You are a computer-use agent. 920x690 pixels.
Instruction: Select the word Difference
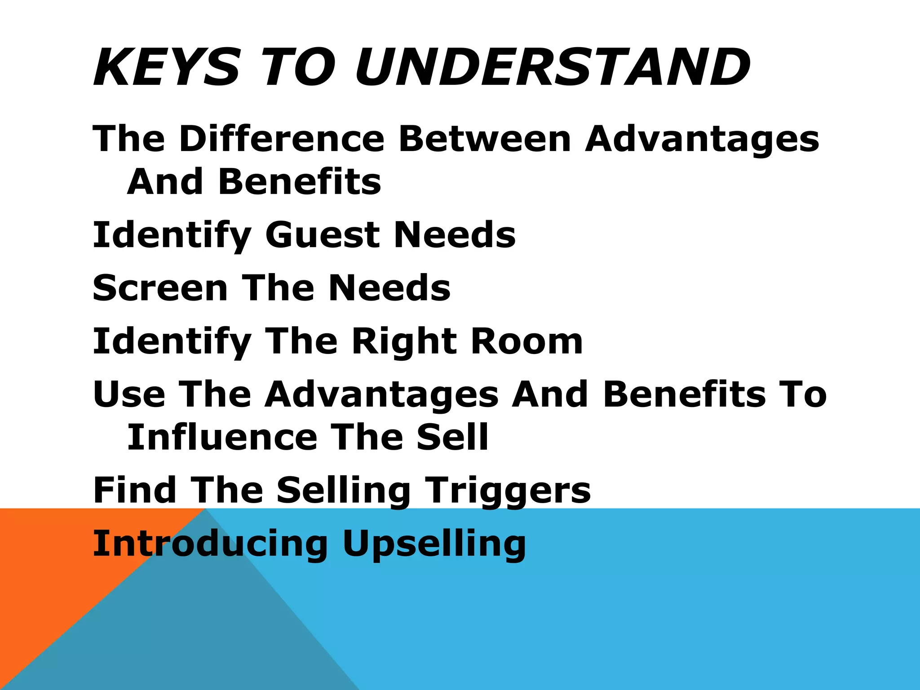tap(282, 138)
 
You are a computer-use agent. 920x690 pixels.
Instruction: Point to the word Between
tap(485, 138)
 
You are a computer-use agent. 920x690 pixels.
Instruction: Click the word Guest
tap(323, 234)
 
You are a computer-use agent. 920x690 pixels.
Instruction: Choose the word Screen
tap(160, 288)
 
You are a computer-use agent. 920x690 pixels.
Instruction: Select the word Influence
tap(222, 437)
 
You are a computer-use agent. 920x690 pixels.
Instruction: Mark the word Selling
tap(343, 491)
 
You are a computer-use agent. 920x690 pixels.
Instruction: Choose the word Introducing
tap(210, 544)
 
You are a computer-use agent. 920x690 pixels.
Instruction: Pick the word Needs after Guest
tap(455, 234)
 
